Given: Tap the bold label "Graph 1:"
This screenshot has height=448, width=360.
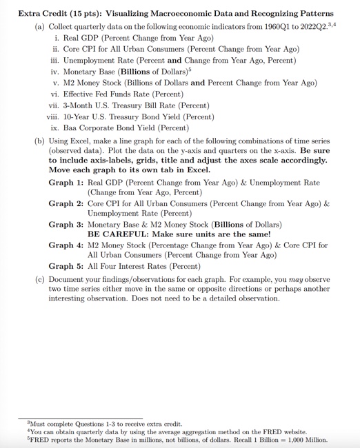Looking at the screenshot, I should click(x=66, y=183).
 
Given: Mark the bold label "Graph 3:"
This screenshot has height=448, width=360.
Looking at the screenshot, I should click(x=66, y=224).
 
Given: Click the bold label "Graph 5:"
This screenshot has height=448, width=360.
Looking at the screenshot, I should click(x=66, y=266).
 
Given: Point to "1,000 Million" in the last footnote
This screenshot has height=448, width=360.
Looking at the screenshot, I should click(x=308, y=439).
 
